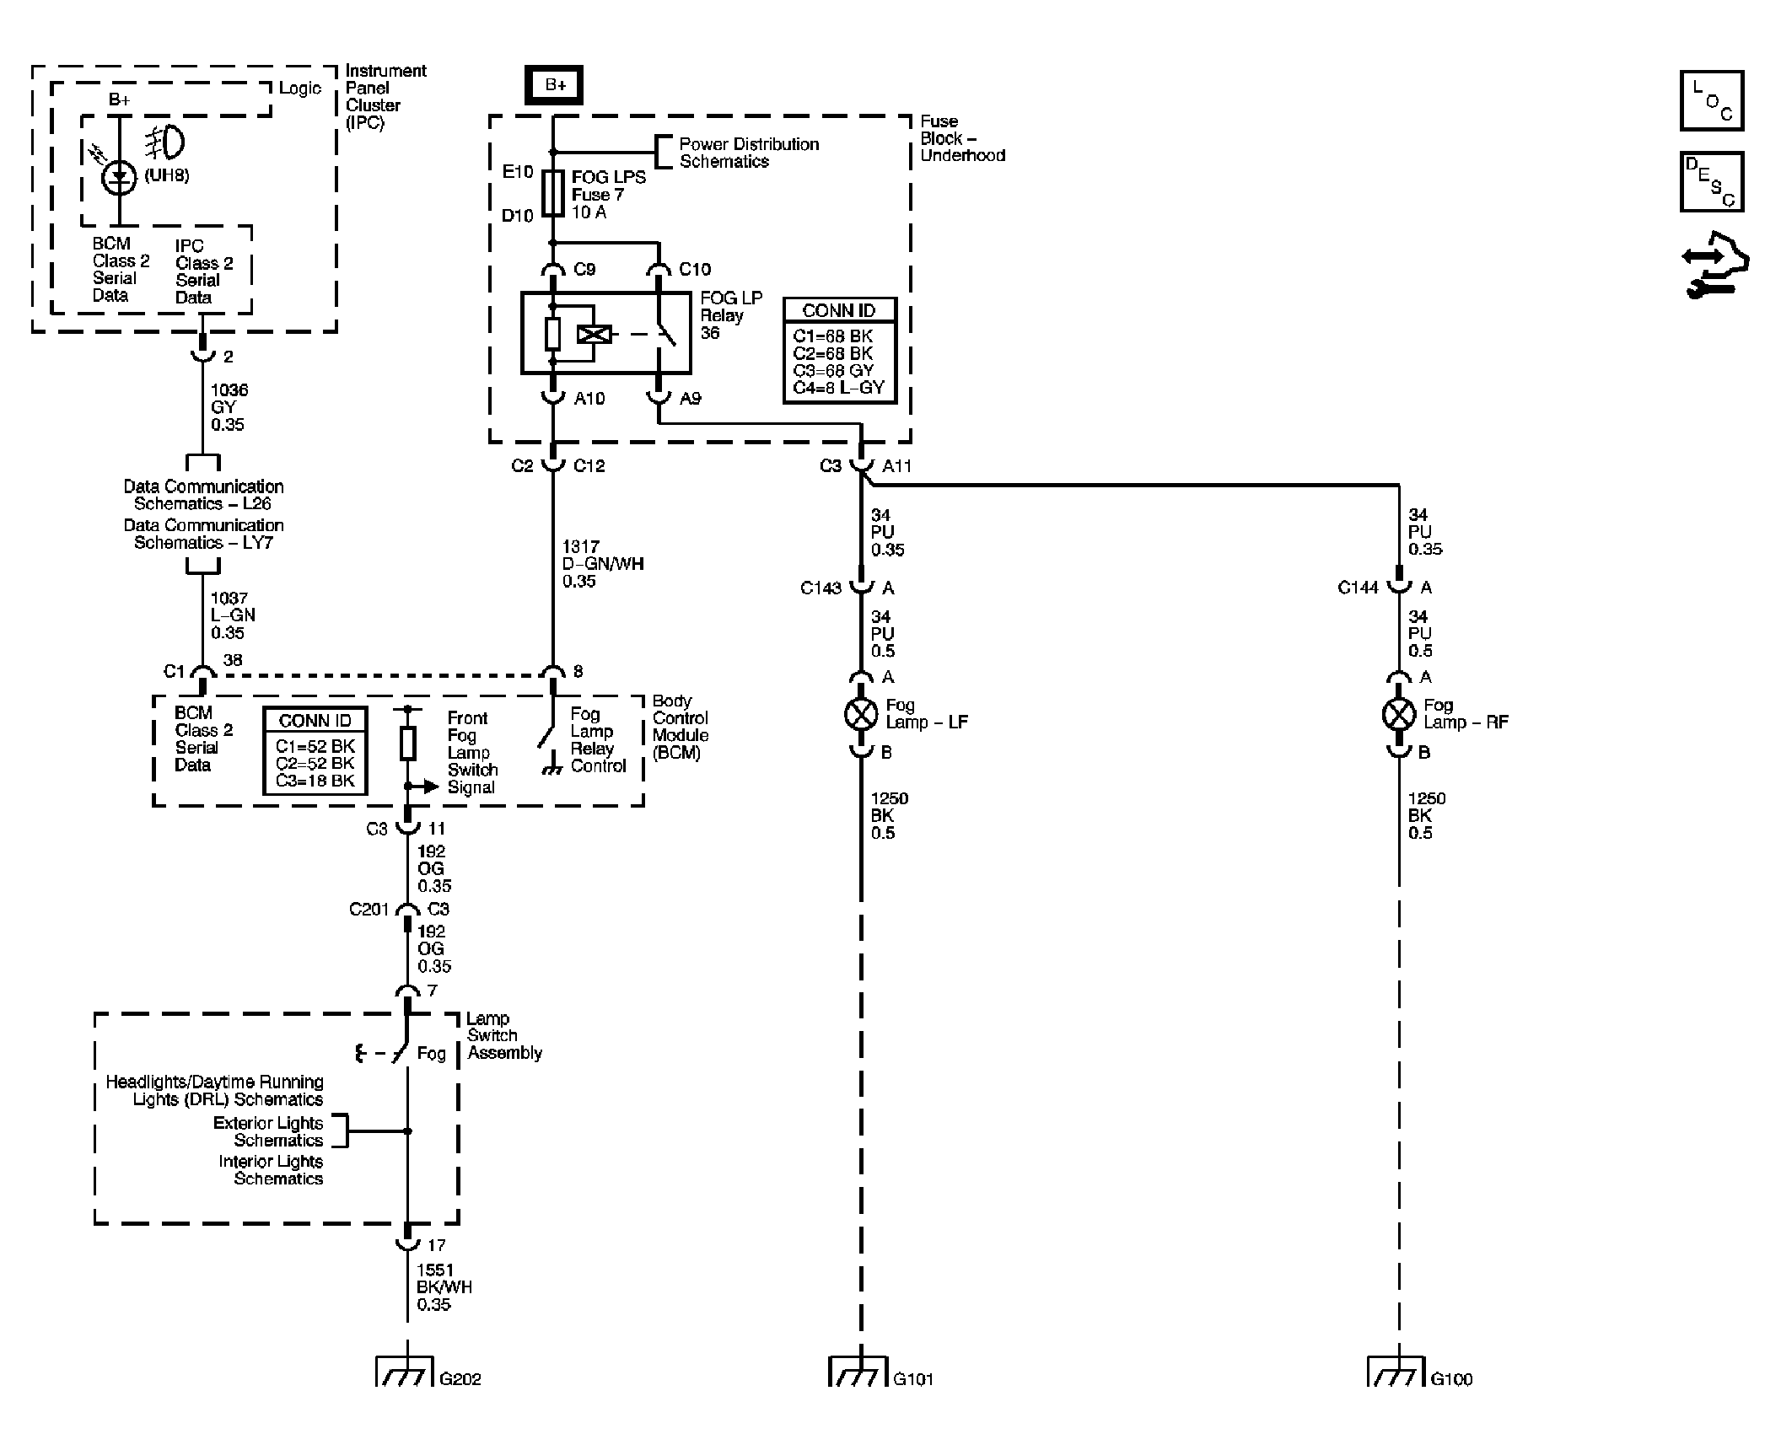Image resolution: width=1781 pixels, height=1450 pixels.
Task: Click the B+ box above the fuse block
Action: pyautogui.click(x=554, y=85)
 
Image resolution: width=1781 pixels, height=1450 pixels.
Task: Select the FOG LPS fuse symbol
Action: pyautogui.click(x=554, y=194)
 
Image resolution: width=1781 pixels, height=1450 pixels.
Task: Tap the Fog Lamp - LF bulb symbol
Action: pyautogui.click(x=861, y=714)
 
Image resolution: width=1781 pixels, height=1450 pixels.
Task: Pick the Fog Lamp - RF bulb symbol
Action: pyautogui.click(x=1399, y=714)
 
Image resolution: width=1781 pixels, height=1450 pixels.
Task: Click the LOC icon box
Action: pyautogui.click(x=1711, y=101)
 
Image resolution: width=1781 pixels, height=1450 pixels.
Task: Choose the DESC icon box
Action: pyautogui.click(x=1711, y=182)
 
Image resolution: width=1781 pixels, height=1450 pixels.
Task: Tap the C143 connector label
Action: pyautogui.click(x=821, y=588)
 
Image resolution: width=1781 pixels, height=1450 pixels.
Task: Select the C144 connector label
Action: pyautogui.click(x=1358, y=588)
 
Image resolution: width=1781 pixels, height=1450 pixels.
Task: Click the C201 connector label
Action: pyautogui.click(x=369, y=910)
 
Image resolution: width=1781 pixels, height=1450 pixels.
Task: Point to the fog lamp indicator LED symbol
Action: pyautogui.click(x=119, y=177)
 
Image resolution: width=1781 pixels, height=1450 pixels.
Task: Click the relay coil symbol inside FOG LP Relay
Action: pyautogui.click(x=594, y=335)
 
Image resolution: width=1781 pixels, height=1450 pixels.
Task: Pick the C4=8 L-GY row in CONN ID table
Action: pyautogui.click(x=838, y=388)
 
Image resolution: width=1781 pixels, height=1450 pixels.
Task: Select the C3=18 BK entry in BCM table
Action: pyautogui.click(x=315, y=781)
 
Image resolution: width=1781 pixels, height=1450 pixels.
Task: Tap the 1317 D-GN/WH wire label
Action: pyautogui.click(x=603, y=564)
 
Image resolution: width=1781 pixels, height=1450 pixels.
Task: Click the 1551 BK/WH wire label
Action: pyautogui.click(x=444, y=1287)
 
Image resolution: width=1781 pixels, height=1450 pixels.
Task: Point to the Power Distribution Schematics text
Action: pyautogui.click(x=749, y=153)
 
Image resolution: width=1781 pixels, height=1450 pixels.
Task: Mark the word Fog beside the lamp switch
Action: pyautogui.click(x=431, y=1054)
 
